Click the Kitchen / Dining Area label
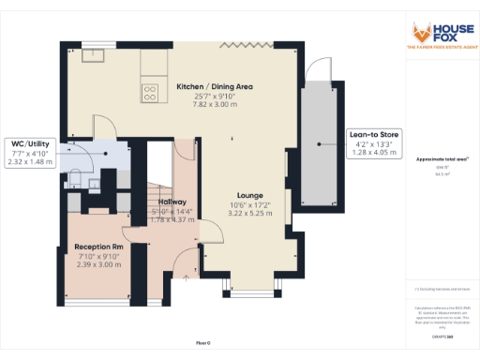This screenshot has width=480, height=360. point(215,86)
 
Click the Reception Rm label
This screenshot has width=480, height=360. point(98,247)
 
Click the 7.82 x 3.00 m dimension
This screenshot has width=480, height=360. point(215,104)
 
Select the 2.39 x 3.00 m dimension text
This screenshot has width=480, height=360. point(98,264)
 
